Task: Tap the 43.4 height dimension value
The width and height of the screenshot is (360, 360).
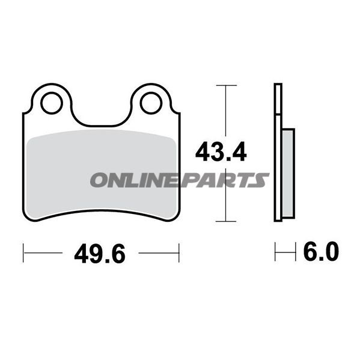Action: click(x=221, y=152)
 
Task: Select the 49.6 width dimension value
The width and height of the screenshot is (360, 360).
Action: click(x=100, y=254)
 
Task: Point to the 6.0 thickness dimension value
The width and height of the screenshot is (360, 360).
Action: click(x=321, y=251)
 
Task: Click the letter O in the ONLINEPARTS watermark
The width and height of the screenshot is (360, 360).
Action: click(x=99, y=180)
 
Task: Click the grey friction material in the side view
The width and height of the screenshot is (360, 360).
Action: click(x=288, y=173)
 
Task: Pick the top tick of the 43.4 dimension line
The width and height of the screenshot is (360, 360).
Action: click(x=227, y=85)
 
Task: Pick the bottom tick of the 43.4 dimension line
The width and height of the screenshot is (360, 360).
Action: click(x=226, y=221)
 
